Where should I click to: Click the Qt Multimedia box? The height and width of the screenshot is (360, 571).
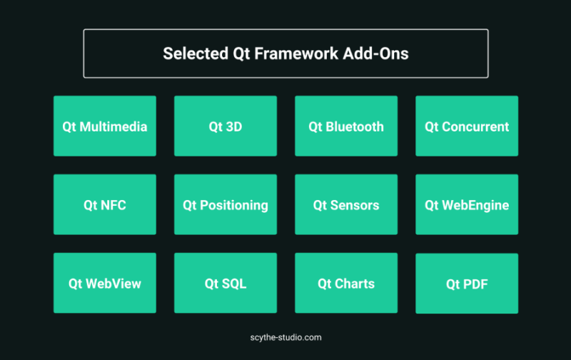point(105,126)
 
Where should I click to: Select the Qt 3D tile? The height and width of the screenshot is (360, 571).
point(226,126)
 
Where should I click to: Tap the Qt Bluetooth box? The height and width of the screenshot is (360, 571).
point(346,126)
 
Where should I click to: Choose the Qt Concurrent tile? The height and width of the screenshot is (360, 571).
point(467,126)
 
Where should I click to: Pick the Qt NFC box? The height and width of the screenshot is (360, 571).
point(105,204)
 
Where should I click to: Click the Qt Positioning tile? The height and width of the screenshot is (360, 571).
point(226,204)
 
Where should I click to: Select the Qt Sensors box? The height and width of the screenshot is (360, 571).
point(346,204)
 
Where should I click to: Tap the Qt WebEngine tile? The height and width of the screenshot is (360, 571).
point(467,204)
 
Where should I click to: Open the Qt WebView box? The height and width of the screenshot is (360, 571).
point(105,283)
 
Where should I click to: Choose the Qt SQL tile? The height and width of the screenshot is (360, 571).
point(226,283)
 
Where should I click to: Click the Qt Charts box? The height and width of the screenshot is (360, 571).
point(346,283)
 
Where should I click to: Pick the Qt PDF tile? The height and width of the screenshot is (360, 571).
point(467,284)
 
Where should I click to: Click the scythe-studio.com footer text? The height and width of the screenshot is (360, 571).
point(286,338)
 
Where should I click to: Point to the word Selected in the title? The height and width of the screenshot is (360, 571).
point(196,54)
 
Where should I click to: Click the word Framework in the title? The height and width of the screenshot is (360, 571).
point(296,54)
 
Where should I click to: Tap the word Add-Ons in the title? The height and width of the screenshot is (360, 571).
point(376,54)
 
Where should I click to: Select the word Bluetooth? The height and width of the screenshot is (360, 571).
point(355,127)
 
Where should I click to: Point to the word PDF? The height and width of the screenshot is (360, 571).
point(475,284)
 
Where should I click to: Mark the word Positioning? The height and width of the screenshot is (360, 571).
point(234,206)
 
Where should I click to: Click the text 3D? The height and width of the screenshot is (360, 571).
point(234,127)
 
